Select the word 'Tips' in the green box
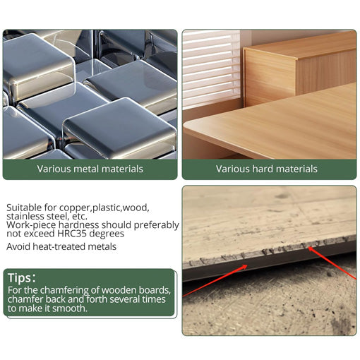tap(20, 278)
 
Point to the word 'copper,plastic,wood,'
tap(104, 208)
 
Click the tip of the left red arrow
tap(247, 265)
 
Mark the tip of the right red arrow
tap(308, 247)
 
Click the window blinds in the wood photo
tap(211, 68)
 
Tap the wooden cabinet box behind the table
tap(299, 69)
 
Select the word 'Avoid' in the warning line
tap(18, 246)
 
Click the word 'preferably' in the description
tap(157, 225)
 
